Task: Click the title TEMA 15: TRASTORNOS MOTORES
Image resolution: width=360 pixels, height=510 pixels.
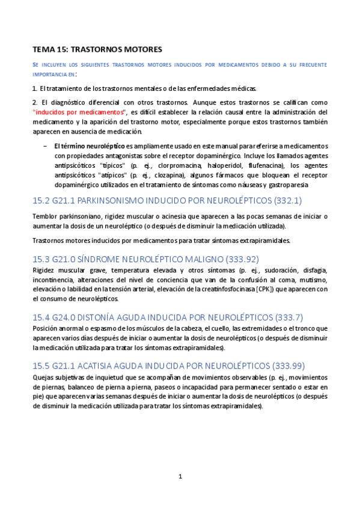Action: point(97,48)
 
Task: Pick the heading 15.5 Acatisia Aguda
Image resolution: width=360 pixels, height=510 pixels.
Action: point(150,364)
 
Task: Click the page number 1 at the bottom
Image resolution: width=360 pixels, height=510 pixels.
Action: point(180,476)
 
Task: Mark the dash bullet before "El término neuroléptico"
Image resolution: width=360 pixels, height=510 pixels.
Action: point(45,146)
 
